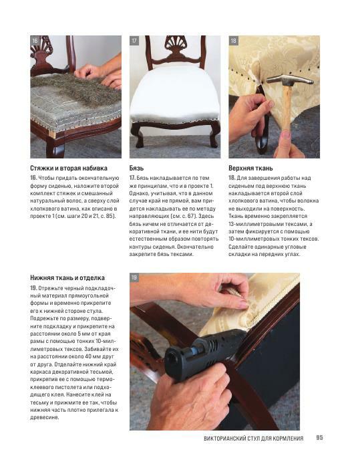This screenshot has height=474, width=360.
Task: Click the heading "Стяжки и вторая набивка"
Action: [x=69, y=168]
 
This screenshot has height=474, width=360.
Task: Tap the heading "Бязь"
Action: [x=136, y=168]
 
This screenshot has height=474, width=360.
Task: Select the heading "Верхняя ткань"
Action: [x=250, y=168]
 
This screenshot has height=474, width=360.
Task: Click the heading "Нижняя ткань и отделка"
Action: [x=67, y=278]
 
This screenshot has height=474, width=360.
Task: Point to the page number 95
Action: [x=319, y=437]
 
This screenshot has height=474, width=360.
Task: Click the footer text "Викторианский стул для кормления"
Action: [x=253, y=438]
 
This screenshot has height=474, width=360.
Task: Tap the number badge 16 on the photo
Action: [x=35, y=41]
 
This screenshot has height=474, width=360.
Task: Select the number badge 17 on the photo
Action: [x=134, y=41]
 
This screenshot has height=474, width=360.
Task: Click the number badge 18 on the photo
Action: [x=233, y=41]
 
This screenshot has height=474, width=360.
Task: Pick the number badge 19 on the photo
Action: [x=134, y=277]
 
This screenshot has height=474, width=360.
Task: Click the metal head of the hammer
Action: [x=289, y=80]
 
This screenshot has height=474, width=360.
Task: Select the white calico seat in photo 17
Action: [x=175, y=97]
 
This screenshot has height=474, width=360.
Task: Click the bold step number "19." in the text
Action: [x=33, y=287]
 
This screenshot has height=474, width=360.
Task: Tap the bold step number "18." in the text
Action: [x=232, y=178]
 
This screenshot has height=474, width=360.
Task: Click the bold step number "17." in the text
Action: [x=132, y=178]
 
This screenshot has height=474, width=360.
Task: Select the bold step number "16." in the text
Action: [x=33, y=178]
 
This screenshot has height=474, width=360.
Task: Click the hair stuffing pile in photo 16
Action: [x=75, y=88]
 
